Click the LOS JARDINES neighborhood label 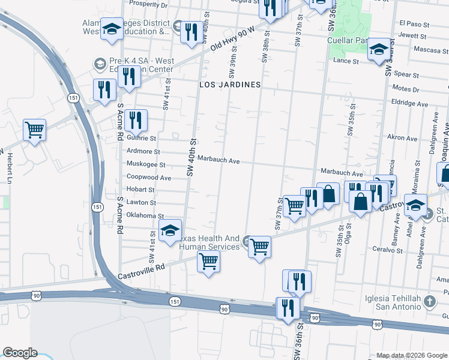point(231,85)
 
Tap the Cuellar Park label point(347,40)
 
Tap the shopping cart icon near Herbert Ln point(34,129)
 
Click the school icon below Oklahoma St point(170,230)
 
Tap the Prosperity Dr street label point(148,4)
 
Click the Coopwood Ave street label point(149,178)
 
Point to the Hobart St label point(140,190)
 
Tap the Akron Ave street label point(402,137)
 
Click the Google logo point(19,353)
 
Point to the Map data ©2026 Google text point(411,355)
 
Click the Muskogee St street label point(145,164)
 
